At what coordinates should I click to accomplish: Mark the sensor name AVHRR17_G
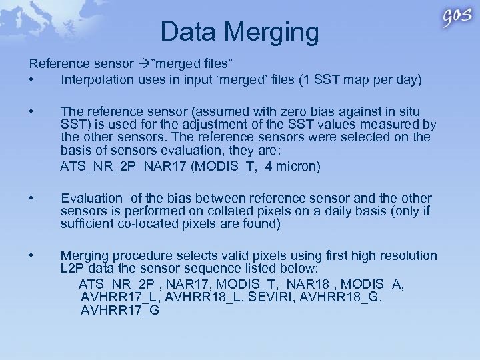click(x=120, y=310)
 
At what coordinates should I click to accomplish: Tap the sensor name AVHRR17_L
click(x=119, y=297)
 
